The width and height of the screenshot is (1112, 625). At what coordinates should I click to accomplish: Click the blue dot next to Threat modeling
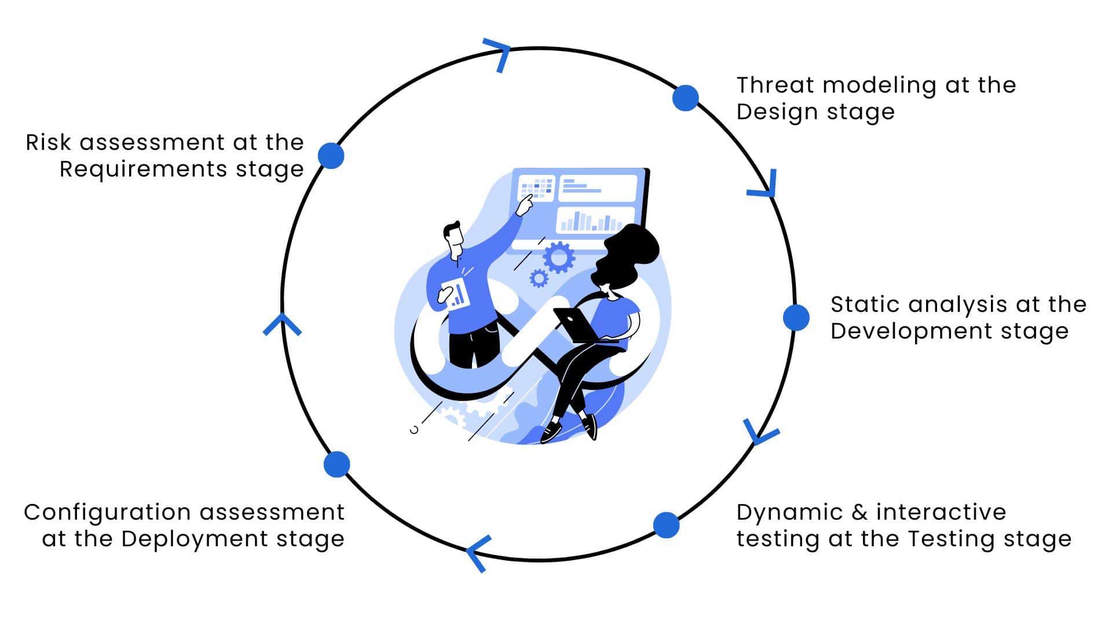point(685,98)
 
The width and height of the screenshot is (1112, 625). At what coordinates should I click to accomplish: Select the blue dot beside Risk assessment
point(331,156)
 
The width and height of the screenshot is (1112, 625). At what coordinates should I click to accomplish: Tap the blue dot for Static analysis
point(796,318)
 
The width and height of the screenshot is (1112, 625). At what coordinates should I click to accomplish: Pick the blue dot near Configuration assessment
point(336,464)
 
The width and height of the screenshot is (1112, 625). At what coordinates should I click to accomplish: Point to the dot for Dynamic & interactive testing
point(666,525)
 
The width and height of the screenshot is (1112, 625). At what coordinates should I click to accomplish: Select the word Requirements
point(143,170)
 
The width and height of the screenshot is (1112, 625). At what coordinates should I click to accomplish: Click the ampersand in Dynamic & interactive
point(859,512)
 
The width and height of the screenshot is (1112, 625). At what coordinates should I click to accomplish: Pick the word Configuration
point(107,512)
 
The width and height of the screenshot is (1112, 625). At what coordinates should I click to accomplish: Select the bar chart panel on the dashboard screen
point(596,220)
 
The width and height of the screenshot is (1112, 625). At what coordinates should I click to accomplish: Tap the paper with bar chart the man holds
point(456,293)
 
